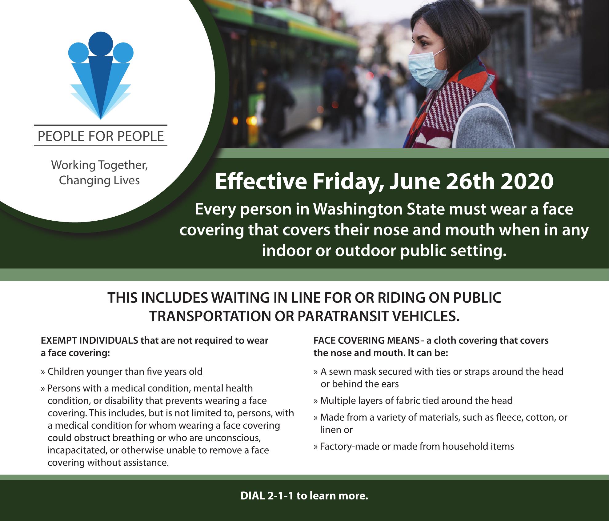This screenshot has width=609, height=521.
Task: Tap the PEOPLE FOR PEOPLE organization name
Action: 101,136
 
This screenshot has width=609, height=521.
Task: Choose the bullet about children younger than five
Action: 122,372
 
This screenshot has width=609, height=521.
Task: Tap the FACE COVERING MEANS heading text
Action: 366,341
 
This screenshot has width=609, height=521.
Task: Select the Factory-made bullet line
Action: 414,447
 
